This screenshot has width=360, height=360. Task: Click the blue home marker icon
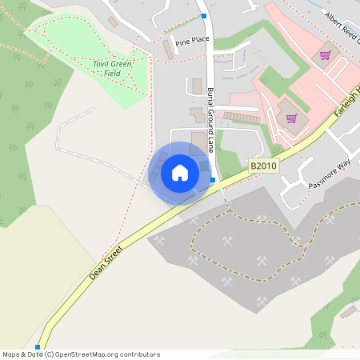(x=180, y=173)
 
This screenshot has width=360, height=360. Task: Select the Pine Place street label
(x=191, y=40)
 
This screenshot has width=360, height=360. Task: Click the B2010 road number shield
(x=262, y=166)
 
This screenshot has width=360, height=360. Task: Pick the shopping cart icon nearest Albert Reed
(x=325, y=55)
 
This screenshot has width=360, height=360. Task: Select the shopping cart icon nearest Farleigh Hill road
(x=291, y=118)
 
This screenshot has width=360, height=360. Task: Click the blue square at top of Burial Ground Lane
(x=204, y=16)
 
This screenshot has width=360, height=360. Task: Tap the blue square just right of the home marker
(x=213, y=180)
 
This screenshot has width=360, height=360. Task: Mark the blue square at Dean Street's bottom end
(x=38, y=346)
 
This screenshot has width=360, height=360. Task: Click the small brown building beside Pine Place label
(x=168, y=50)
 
